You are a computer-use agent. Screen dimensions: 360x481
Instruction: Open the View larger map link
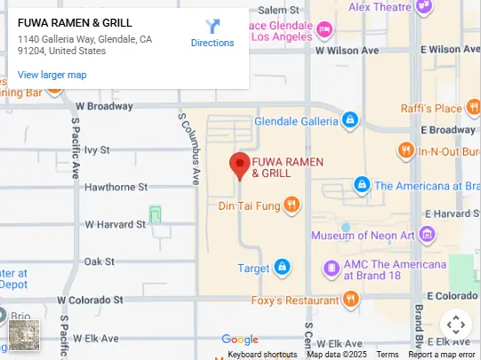pos(52,75)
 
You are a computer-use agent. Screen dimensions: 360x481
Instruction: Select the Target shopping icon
pos(282,267)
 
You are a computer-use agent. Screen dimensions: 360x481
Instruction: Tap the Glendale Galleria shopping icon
pos(349,119)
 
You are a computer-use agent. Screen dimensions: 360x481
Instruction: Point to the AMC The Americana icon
pos(331,268)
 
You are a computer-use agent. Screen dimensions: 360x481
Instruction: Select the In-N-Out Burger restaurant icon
pos(405,150)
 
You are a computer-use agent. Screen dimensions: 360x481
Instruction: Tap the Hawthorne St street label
pos(116,188)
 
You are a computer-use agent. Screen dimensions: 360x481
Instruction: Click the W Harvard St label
pos(116,224)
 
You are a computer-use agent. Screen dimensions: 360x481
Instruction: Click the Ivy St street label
pos(97,150)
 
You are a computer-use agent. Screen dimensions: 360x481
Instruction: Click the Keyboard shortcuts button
pos(262,355)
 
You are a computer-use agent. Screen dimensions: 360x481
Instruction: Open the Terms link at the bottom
pos(388,355)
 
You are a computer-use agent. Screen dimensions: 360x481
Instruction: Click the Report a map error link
pos(442,355)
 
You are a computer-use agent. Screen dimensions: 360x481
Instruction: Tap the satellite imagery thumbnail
pos(24,334)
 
